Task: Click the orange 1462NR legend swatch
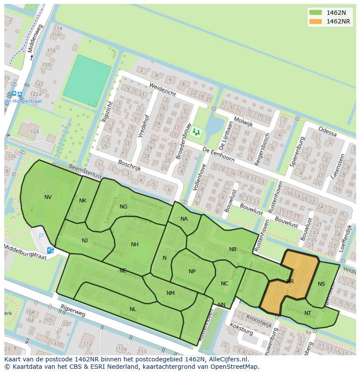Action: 316,21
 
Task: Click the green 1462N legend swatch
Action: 316,13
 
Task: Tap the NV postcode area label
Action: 48,197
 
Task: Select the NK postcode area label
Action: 83,201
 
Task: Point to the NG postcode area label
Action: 123,207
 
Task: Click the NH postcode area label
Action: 135,245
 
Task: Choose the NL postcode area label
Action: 133,309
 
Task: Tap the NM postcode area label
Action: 170,293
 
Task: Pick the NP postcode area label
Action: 192,271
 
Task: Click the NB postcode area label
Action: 233,249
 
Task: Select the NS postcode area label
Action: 321,284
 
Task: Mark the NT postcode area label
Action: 308,313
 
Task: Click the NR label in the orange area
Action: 290,281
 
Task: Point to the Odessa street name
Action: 327,131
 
